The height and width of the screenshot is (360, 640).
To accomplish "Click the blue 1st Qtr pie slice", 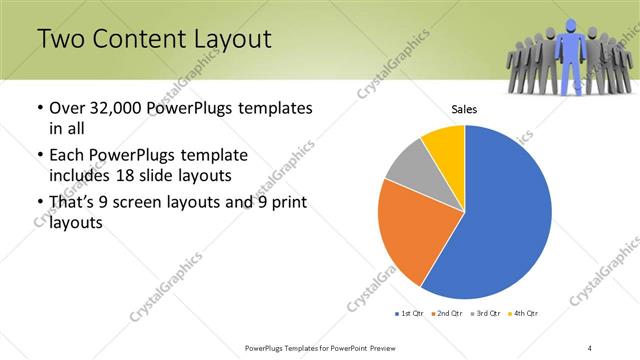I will [x=505, y=215].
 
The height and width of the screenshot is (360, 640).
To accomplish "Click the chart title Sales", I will [x=464, y=109].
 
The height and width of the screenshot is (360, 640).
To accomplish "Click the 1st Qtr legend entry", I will [x=411, y=314].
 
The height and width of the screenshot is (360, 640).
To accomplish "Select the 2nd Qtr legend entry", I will [x=446, y=314].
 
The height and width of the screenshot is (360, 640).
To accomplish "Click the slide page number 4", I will [x=590, y=347].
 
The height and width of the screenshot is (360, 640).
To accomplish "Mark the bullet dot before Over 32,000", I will [x=38, y=108].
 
